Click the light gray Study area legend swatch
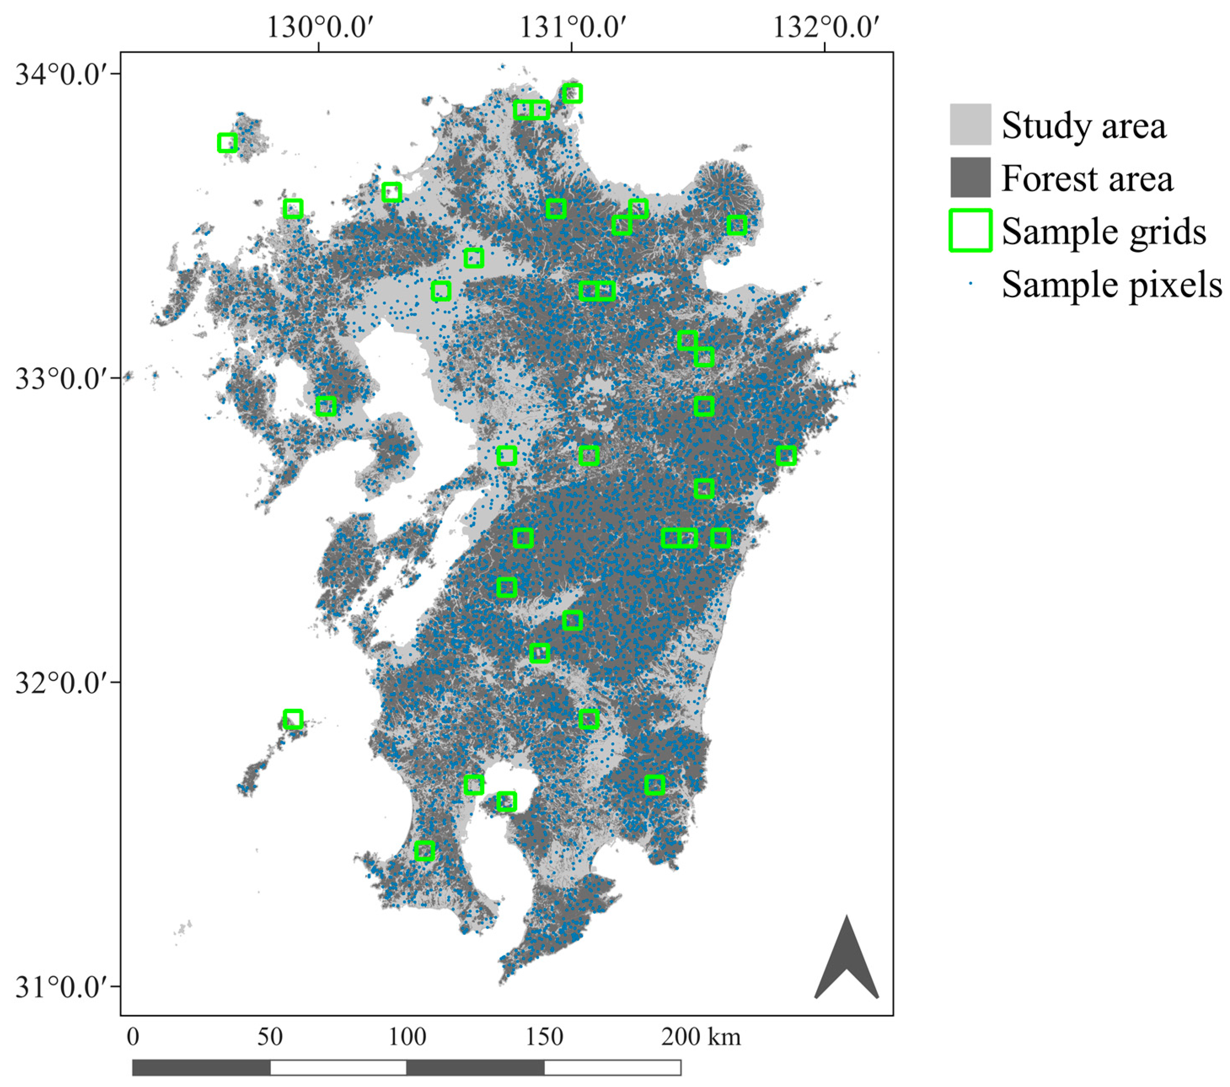click(x=970, y=125)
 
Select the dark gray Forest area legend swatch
click(x=970, y=177)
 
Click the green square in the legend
click(x=970, y=230)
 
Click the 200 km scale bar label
click(x=701, y=1037)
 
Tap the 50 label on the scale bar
click(x=270, y=1037)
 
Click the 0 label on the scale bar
click(x=133, y=1037)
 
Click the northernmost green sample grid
click(x=572, y=93)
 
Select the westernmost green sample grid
click(x=227, y=143)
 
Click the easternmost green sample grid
click(x=786, y=455)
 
